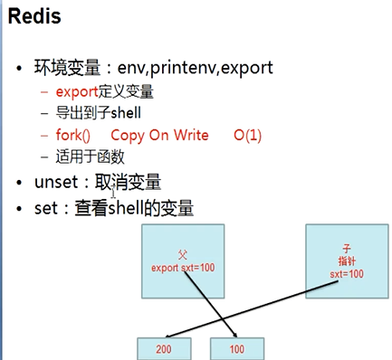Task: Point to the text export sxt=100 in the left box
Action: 183,269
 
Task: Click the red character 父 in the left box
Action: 183,257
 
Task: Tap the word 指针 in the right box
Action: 346,260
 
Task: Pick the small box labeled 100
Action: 238,347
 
